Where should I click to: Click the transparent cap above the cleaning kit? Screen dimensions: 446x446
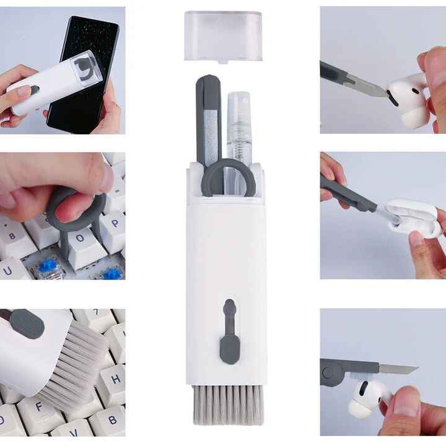point(223,35)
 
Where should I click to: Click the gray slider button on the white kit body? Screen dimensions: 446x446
point(229,331)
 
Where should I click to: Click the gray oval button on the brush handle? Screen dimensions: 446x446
point(27,323)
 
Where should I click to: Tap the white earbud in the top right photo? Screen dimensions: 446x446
point(409,99)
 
